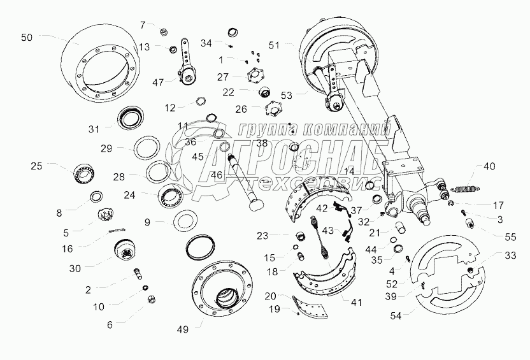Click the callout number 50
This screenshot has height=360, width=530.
coord(27,37)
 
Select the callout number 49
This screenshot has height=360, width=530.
coord(183,329)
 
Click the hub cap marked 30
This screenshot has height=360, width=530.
coord(124,250)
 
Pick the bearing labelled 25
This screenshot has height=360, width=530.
coord(85,173)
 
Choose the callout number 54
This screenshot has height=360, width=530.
coord(396,316)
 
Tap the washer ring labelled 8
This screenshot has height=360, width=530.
coord(96,196)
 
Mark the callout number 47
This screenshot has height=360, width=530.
coord(158,82)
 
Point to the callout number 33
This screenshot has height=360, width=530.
coord(511,256)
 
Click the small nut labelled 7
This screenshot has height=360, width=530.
coord(164,32)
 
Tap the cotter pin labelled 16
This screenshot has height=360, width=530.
coord(117,231)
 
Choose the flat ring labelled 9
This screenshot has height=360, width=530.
coord(184,221)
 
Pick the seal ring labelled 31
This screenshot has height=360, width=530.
coord(131,118)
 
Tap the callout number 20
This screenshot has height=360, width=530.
coord(270,296)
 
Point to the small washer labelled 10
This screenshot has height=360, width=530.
coord(145,287)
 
